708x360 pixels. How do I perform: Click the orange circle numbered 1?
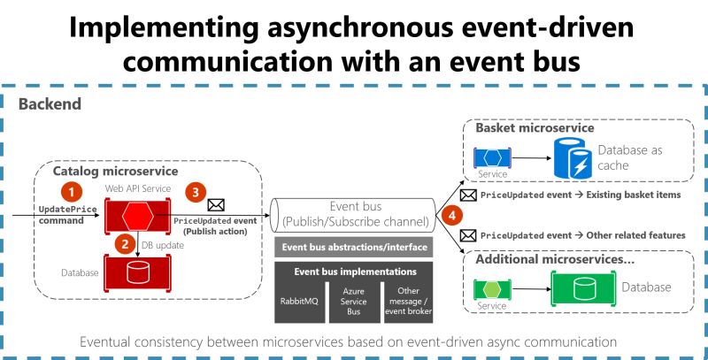coord(70,190)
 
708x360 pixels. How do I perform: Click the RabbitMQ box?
coord(294,302)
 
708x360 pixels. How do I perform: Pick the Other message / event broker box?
coord(408,302)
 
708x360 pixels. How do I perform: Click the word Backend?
coord(50,103)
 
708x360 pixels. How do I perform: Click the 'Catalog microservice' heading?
coord(115,170)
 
